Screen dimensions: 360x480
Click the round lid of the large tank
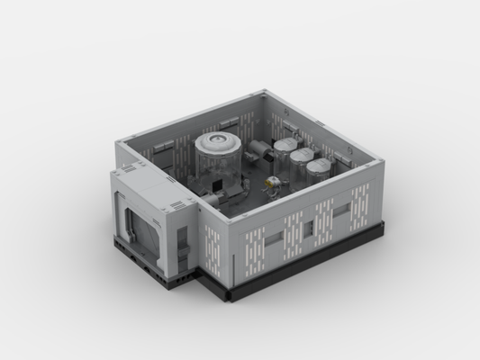217,142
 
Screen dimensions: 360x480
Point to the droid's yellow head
269,182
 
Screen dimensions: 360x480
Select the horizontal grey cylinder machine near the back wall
259,148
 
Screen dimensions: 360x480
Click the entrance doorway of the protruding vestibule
140,229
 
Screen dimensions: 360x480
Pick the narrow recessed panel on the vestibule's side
183,240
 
